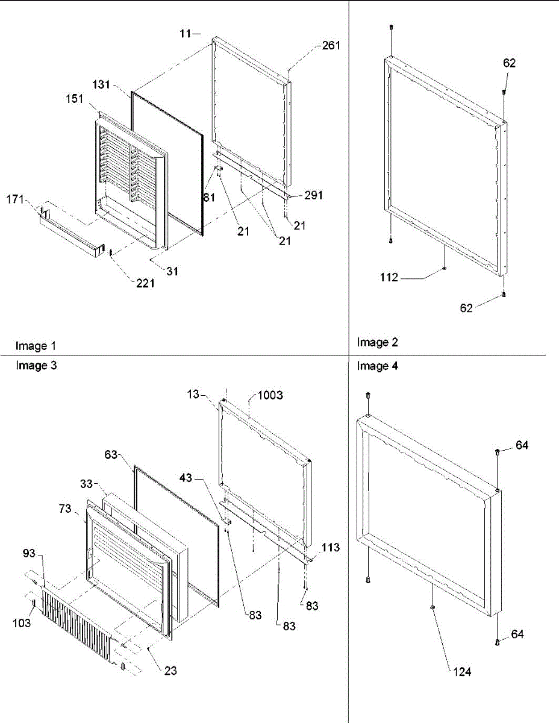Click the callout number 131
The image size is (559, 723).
pos(101,85)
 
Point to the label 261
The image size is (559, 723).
pos(331,45)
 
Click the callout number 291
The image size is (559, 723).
pos(313,195)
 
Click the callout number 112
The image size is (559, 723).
pos(390,278)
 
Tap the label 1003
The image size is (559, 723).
pos(270,395)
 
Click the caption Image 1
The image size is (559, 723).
pos(36,346)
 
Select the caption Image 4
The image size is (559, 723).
pos(377,366)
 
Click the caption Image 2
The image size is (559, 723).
pos(377,342)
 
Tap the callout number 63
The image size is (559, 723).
pos(111,455)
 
